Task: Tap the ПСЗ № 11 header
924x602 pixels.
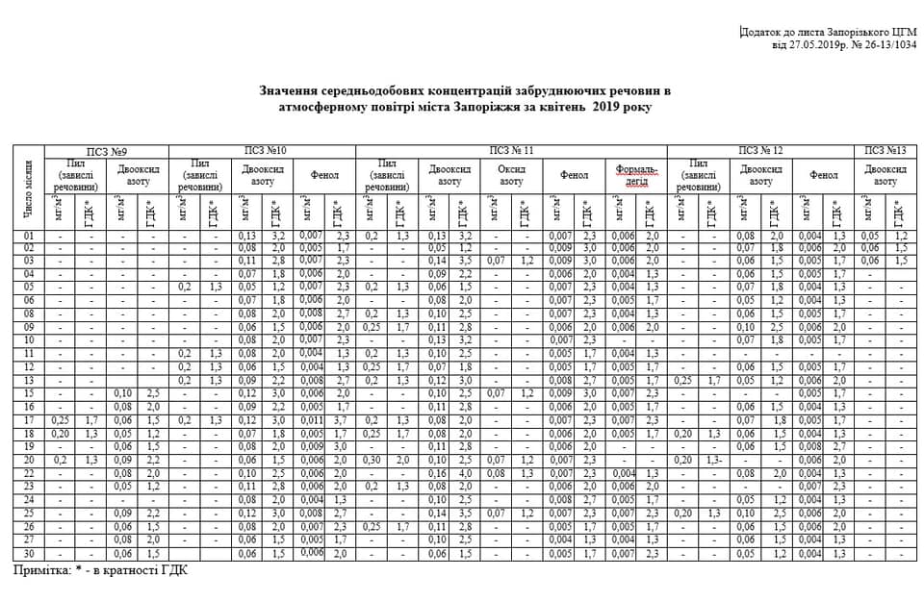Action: tap(511, 151)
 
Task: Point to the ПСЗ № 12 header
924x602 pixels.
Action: tap(760, 151)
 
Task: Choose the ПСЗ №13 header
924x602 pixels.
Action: tap(885, 151)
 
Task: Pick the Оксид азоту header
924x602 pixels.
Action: tap(511, 175)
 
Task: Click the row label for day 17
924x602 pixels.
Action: tap(28, 419)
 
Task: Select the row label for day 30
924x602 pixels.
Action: tap(28, 553)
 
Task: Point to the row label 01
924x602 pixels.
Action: tap(28, 235)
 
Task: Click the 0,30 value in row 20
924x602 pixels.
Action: tap(372, 461)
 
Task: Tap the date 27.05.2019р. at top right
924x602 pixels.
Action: tap(806, 44)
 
